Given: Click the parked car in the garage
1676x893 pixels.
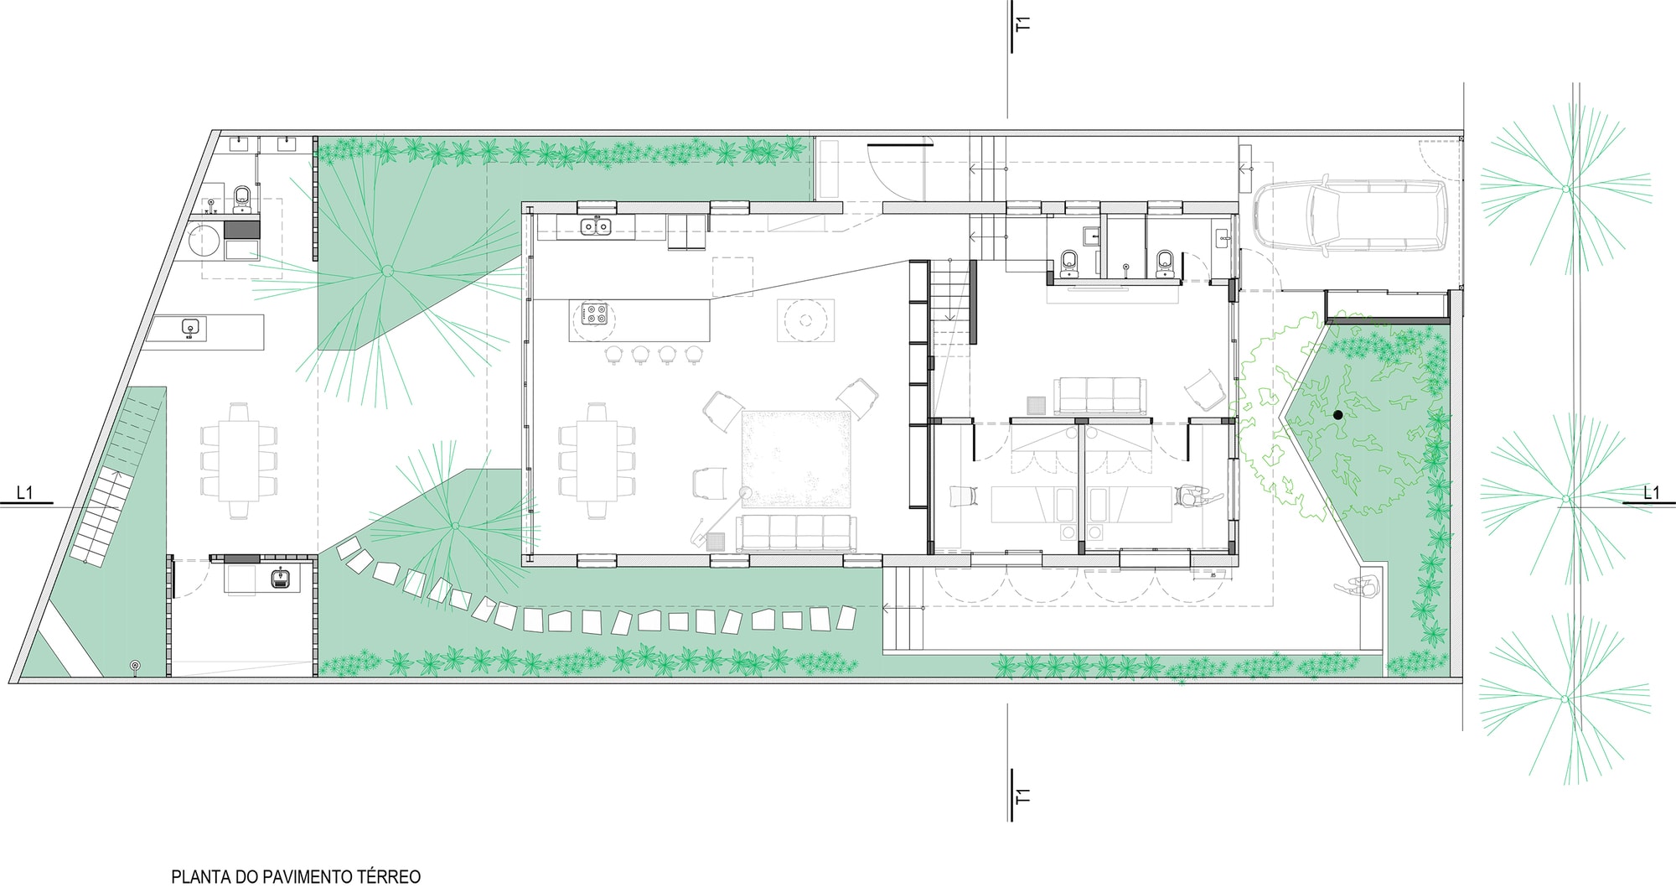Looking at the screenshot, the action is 1351,215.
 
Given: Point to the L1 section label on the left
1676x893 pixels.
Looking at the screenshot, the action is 25,492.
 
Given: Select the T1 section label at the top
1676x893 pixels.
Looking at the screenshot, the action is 1022,23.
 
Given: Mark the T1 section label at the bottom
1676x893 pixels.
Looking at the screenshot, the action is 1022,796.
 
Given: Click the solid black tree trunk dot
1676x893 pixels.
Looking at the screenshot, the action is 1337,414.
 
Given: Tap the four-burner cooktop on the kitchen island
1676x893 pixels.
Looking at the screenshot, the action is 596,314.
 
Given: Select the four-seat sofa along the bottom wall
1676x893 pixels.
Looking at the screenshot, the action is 796,533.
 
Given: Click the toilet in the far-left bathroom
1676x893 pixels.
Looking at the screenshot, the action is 242,198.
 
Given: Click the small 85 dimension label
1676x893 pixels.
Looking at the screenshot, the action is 1213,575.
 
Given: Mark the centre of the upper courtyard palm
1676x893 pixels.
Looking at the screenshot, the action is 387,271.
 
